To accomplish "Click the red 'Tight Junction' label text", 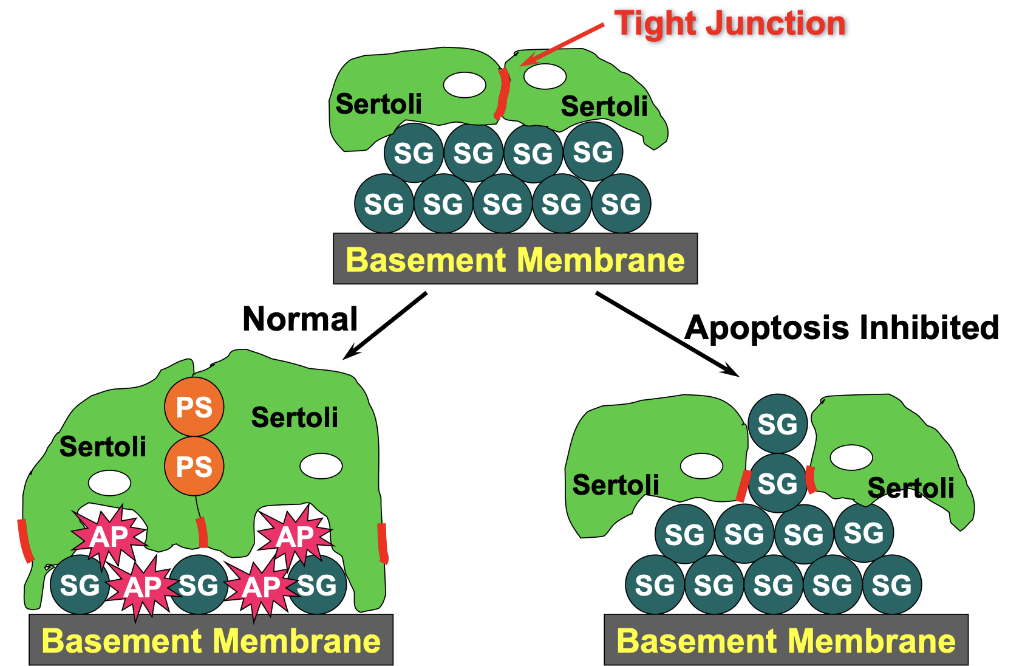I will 729,24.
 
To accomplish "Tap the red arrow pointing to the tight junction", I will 562,44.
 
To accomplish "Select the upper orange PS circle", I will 194,407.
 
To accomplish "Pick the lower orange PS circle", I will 194,466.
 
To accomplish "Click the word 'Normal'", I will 300,319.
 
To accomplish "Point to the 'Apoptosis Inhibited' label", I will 842,328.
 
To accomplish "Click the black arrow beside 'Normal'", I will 386,325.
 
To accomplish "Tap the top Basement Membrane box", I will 515,259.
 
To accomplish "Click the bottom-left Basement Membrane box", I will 211,640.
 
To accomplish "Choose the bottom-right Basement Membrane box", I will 786,640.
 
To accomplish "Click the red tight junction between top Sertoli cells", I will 502,94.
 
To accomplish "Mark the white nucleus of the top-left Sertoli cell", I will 465,85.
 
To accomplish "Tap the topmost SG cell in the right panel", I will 777,424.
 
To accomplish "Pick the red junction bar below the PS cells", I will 202,532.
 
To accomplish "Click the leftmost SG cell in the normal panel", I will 80,585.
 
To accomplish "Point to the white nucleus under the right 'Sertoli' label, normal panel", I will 321,466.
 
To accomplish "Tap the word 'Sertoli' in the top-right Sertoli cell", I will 604,107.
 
